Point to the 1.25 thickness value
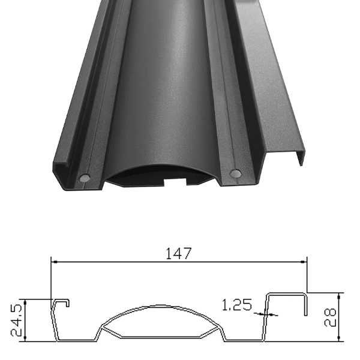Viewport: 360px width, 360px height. (x=236, y=305)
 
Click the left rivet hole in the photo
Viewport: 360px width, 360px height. (x=85, y=178)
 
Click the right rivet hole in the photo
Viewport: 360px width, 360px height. (x=235, y=173)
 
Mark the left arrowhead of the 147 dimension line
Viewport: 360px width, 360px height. (x=54, y=262)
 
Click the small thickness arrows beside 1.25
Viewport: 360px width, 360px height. (x=262, y=313)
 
